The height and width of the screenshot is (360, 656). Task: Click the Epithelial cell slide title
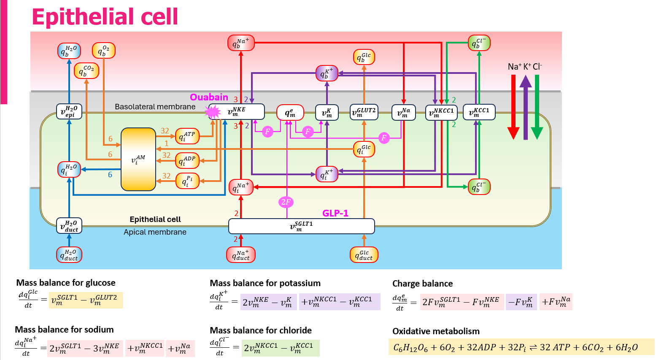[105, 17]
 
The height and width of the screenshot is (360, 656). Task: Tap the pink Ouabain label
[209, 97]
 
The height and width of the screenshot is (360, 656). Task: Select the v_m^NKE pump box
[237, 112]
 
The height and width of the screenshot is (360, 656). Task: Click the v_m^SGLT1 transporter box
[301, 226]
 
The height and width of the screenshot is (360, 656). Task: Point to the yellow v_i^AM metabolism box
[138, 160]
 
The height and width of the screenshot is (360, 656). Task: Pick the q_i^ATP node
[187, 136]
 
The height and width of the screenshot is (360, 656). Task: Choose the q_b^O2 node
[103, 51]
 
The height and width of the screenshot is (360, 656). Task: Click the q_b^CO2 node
[86, 70]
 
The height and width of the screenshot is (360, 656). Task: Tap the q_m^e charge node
[290, 112]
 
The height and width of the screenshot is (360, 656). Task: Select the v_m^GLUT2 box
[364, 112]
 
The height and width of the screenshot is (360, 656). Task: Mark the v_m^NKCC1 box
[441, 112]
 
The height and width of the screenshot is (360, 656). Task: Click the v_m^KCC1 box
[479, 112]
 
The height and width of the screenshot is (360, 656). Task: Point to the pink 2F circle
[286, 202]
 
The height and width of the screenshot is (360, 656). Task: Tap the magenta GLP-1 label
[335, 213]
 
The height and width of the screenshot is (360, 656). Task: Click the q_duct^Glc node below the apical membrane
[364, 254]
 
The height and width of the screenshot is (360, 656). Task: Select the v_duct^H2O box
[69, 226]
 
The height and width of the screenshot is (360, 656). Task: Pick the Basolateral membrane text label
[155, 107]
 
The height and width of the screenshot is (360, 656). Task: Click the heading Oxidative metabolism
[436, 331]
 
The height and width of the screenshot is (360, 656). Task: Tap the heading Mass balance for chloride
[261, 330]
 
